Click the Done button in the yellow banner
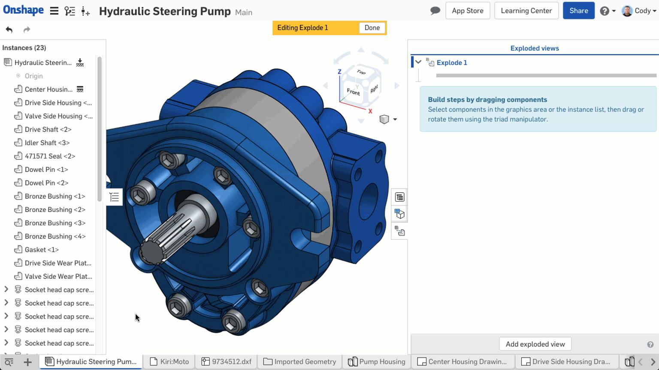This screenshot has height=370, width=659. tap(372, 28)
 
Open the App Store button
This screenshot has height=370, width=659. tap(467, 11)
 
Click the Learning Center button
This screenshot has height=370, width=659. tap(526, 11)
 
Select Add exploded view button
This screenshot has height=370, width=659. tap(535, 344)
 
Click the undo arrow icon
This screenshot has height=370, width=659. tap(9, 30)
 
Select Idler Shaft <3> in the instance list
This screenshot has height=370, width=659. tap(47, 143)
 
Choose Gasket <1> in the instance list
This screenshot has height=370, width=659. tap(42, 250)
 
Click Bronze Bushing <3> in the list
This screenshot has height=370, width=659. tap(55, 223)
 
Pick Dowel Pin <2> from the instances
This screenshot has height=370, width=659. tap(46, 183)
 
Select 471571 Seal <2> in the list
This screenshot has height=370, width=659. tap(50, 156)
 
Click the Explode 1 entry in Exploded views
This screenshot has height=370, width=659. tap(452, 63)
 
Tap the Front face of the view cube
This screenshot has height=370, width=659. tap(353, 92)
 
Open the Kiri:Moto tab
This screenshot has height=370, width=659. tap(170, 361)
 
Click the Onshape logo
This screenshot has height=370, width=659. tap(23, 10)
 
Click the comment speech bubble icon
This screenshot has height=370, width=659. tap(435, 11)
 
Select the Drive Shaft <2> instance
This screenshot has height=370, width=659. tap(48, 129)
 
